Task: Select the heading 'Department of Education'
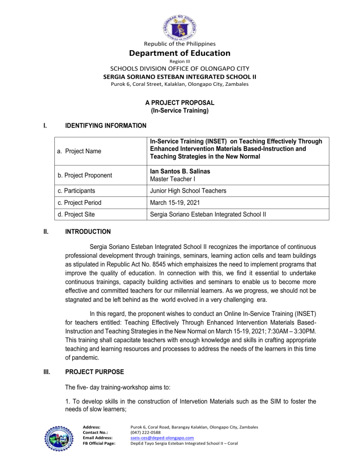[180, 53]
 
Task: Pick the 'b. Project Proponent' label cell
[91, 175]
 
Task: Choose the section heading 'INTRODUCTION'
[88, 232]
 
